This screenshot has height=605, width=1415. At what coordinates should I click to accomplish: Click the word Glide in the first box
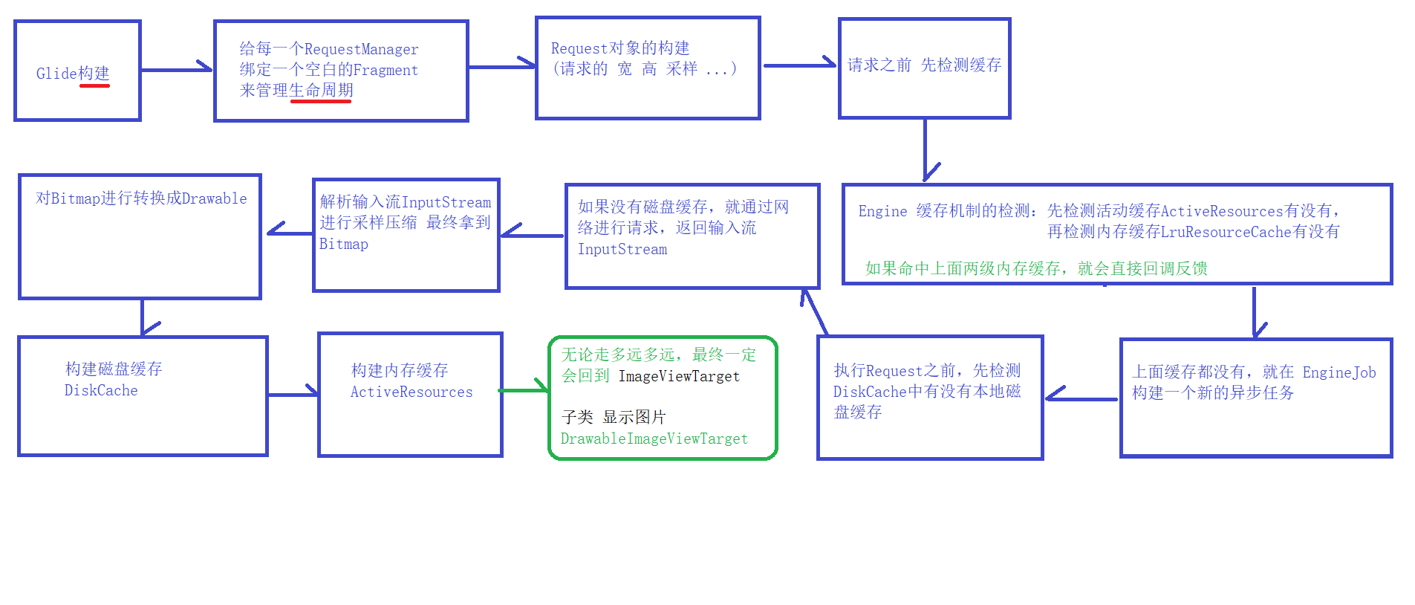coord(56,74)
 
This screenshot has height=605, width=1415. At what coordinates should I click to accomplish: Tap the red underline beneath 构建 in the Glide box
coord(94,86)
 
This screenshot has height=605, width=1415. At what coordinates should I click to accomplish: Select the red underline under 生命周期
coord(320,100)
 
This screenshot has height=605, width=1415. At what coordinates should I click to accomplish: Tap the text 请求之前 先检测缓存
coord(924,65)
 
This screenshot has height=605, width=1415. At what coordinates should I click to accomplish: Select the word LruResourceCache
coord(1226,232)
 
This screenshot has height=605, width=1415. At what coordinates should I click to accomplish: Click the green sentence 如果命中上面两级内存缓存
coord(963,268)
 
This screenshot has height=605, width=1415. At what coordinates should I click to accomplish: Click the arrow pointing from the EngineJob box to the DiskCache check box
coord(1081,398)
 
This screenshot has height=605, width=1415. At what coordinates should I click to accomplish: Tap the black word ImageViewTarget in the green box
coord(679,377)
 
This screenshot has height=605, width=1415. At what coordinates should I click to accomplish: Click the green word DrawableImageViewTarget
coord(654,439)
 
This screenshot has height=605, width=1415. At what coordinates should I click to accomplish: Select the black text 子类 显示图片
coord(614,417)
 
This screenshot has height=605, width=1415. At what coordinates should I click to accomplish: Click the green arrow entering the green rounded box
coord(524,389)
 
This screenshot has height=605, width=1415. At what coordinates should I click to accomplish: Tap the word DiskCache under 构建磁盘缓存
coord(101,391)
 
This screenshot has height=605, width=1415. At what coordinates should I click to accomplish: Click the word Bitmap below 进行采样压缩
coord(343,245)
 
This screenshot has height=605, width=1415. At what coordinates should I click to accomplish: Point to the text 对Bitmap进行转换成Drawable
coord(141,198)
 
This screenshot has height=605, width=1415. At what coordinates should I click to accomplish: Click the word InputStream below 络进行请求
coord(622,250)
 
